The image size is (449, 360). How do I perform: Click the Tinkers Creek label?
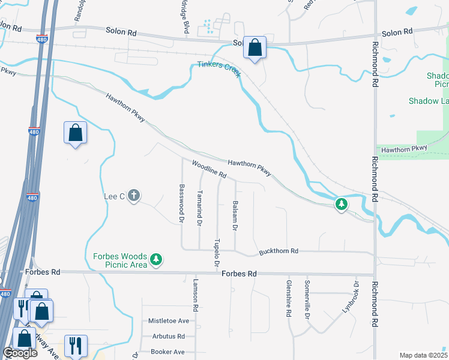(x=219, y=67)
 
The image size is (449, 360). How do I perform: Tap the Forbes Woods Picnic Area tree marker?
(x=157, y=259)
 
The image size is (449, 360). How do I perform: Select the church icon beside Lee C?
(x=133, y=196)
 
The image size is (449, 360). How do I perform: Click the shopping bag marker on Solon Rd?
(x=255, y=48)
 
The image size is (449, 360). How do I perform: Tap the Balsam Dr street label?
(x=235, y=216)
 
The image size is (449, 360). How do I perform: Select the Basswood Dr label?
(x=181, y=203)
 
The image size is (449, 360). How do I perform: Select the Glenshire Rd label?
(x=289, y=298)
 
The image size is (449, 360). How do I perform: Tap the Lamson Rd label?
(x=196, y=296)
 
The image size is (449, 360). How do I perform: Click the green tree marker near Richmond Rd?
(x=342, y=205)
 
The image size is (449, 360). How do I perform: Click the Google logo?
(x=20, y=353)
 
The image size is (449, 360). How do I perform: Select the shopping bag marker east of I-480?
(x=75, y=133)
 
